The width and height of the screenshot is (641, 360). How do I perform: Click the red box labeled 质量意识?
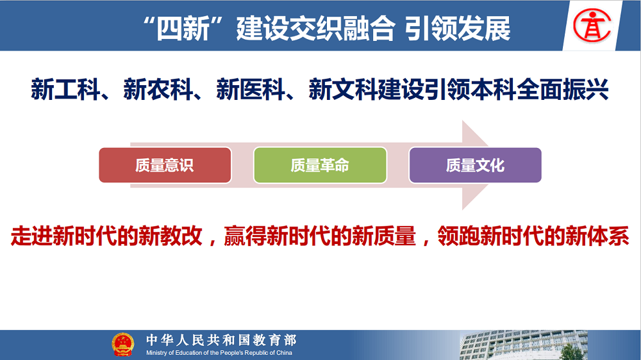point(165,165)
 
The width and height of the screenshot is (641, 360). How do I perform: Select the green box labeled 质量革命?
point(320,165)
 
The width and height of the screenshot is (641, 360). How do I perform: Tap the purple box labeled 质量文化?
point(475,165)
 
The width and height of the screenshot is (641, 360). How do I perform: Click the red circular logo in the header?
point(592,26)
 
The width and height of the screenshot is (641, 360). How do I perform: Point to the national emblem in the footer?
point(122,345)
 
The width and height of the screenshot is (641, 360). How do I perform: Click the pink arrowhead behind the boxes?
point(476,165)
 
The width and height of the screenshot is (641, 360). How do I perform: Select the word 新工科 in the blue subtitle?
point(65,89)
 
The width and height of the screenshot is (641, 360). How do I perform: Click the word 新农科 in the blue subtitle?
point(158,89)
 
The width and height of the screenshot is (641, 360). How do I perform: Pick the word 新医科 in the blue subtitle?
point(251,89)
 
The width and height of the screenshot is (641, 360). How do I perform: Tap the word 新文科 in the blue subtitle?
point(343,89)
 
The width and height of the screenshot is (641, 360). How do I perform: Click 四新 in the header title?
point(183,29)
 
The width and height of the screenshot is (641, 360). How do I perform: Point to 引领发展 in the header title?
point(458,29)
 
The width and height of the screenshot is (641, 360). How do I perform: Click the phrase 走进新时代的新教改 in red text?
point(106,236)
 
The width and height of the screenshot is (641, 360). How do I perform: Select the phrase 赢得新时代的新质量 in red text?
point(320,236)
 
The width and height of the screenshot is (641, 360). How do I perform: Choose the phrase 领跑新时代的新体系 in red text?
point(533,236)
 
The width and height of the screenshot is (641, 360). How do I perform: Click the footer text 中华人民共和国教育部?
point(221,340)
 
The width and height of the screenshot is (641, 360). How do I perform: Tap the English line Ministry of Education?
point(219,353)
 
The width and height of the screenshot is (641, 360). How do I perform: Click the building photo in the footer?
point(523,345)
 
